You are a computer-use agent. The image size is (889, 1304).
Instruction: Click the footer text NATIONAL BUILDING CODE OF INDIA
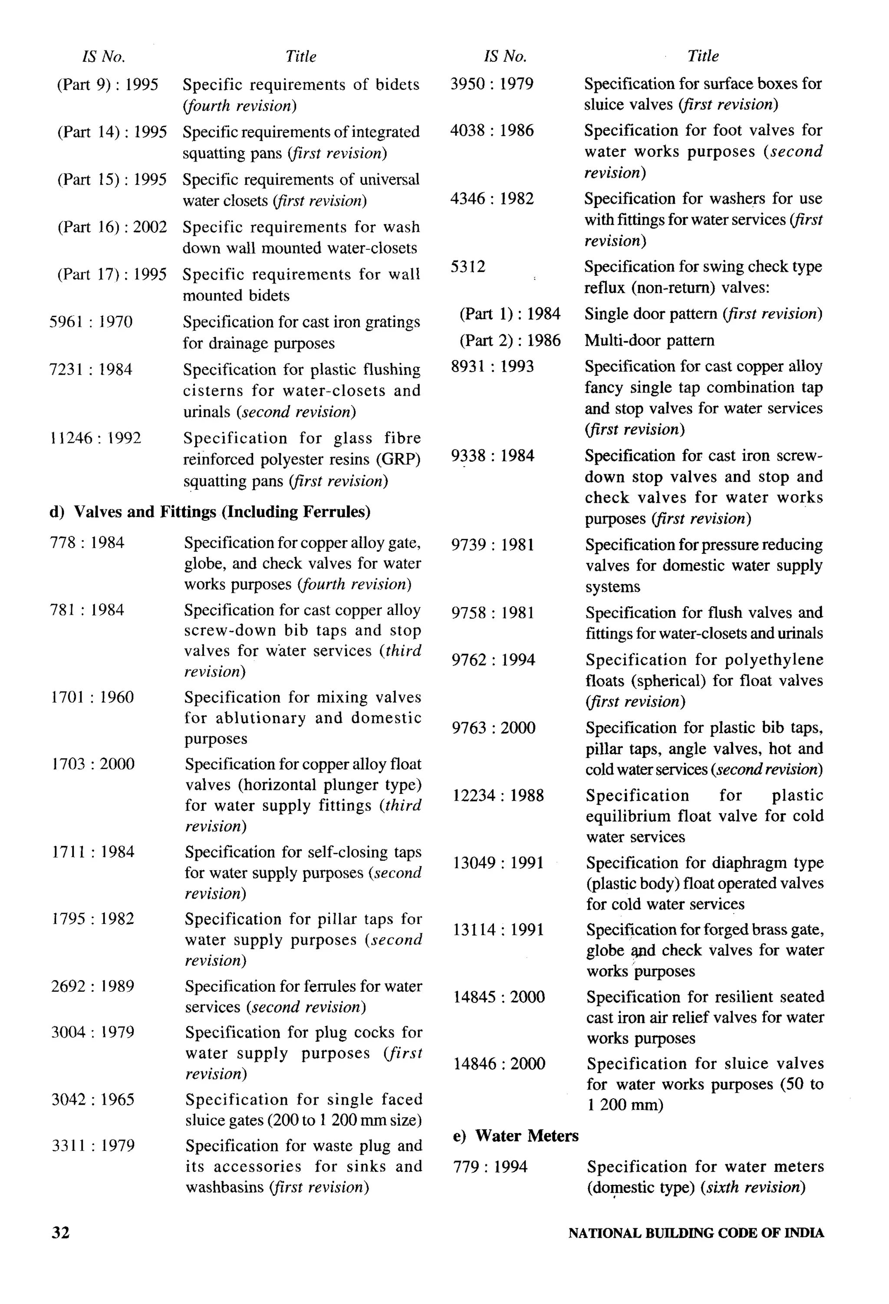coord(695,1233)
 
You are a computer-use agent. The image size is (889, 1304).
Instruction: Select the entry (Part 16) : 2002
coord(112,227)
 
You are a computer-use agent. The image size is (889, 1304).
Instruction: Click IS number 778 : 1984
coord(87,543)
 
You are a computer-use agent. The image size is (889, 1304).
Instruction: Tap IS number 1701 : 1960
coord(92,697)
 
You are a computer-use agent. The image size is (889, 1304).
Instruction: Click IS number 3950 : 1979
coord(492,84)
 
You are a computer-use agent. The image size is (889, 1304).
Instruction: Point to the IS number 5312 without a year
coord(468,267)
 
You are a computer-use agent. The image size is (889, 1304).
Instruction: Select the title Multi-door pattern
coord(649,340)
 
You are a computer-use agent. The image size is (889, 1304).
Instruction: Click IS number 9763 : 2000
coord(494,728)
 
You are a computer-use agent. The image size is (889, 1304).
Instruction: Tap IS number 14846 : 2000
coord(499,1063)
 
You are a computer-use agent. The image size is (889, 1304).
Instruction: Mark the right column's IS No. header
coord(505,56)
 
